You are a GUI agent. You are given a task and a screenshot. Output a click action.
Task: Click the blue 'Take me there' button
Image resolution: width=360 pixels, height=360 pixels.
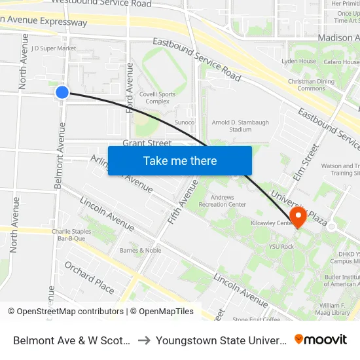180,160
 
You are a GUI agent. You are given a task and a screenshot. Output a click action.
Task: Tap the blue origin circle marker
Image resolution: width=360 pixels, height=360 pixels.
62,92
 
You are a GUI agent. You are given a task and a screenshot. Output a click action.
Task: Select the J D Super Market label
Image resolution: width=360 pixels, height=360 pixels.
54,48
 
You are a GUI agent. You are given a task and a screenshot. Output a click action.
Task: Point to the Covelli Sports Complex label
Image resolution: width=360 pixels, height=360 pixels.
158,98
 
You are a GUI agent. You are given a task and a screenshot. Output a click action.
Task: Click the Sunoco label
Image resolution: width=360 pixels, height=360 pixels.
184,122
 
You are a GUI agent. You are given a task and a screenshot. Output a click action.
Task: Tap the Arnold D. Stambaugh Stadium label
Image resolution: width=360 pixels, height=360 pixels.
240,126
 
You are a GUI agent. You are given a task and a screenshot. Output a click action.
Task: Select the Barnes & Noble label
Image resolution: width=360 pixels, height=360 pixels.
140,250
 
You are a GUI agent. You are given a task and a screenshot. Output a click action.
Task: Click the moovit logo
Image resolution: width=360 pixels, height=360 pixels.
320,339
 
